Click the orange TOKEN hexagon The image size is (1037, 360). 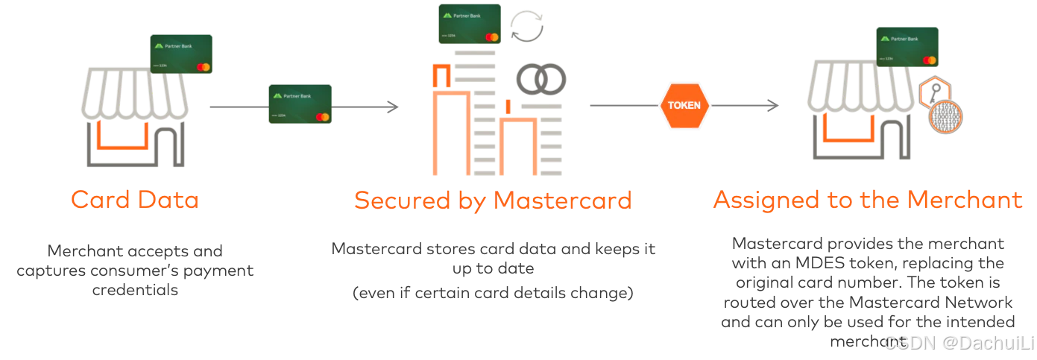coord(684,106)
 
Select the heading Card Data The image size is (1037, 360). coord(135,200)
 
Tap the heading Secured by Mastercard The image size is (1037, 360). coord(493,200)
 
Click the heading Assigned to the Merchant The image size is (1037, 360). coord(868,200)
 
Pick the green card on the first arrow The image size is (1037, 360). coord(300,104)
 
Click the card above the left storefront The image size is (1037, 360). coord(181,54)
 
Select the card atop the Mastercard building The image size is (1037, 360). coord(470,23)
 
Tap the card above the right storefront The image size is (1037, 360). coord(907,47)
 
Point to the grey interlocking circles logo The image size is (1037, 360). coord(542,79)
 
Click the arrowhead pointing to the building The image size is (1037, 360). coord(391,107)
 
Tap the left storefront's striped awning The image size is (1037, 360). coord(135,93)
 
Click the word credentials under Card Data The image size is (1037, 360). coord(135,289)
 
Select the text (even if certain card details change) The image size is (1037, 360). coord(493,293)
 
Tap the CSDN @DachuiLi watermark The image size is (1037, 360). coord(958,342)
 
